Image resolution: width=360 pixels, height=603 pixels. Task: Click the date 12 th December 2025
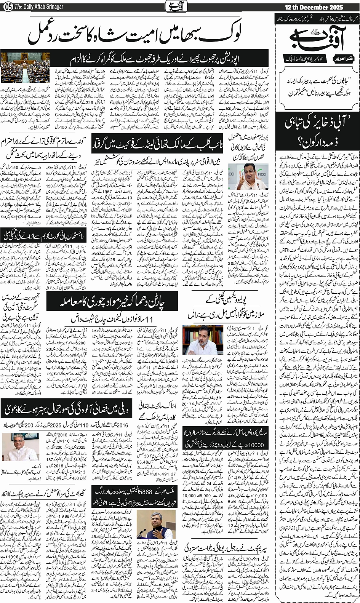point(313,7)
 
